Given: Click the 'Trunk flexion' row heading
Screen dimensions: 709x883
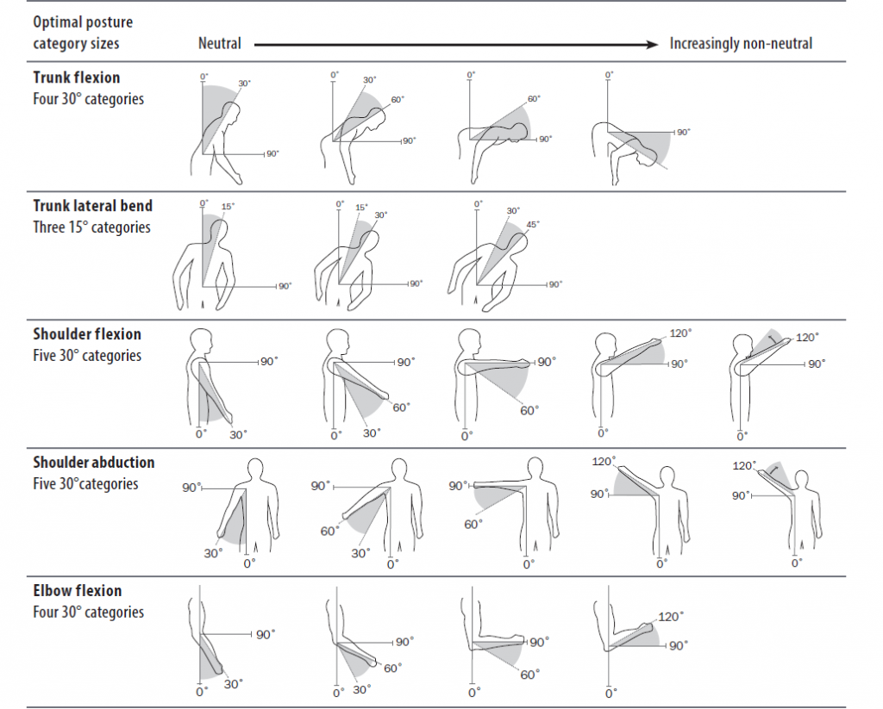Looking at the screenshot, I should [76, 78].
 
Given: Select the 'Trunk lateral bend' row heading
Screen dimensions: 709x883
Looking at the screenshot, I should [93, 206].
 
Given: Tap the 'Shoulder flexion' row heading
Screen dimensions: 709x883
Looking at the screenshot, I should [87, 334].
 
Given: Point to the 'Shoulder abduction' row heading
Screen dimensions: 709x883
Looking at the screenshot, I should [94, 463].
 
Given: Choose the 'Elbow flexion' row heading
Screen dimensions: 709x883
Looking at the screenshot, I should [78, 591].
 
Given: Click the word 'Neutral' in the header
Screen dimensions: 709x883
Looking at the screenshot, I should [220, 43].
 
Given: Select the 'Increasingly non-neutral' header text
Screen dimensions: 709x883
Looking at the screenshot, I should [741, 43].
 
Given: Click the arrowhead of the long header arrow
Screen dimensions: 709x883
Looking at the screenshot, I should [653, 43].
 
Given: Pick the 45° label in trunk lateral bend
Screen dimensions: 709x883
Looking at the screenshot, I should [533, 225].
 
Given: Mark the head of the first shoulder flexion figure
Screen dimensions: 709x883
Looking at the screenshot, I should [200, 339].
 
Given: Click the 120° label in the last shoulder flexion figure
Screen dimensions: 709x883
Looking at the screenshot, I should [807, 339].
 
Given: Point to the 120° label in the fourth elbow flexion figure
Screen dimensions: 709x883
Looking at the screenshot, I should [670, 617].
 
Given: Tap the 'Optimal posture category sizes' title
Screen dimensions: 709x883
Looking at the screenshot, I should [83, 32].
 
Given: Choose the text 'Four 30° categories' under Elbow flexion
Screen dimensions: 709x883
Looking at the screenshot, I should [88, 613].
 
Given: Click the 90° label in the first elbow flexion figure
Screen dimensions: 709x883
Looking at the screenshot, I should [265, 635].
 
